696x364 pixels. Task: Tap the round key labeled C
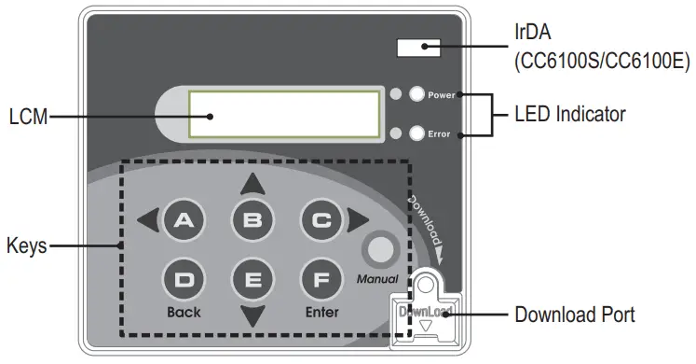coord(321,220)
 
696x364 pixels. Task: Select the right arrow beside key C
coord(358,220)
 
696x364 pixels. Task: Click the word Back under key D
coord(184,313)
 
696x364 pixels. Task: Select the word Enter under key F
coord(321,313)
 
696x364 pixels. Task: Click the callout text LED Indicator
coord(570,114)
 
